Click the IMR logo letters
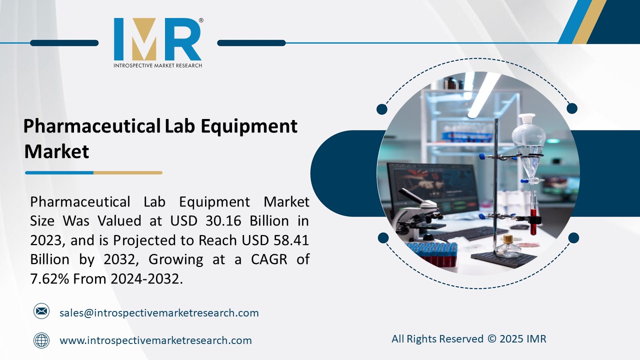[157, 40]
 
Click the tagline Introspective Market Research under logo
[157, 65]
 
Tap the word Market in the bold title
[56, 151]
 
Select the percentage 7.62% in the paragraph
[50, 279]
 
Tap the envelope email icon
[41, 311]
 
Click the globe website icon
[41, 340]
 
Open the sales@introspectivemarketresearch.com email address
[159, 313]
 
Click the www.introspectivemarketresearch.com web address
[155, 340]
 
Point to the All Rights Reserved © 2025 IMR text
[468, 339]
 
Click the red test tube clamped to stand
[533, 222]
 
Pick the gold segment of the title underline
[127, 173]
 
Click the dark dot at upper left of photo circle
[382, 109]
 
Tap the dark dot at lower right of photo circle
[573, 238]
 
